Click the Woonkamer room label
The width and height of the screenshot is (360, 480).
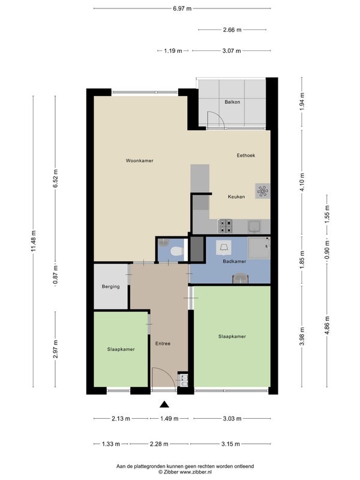pyautogui.click(x=140, y=161)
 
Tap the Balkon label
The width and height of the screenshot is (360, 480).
pyautogui.click(x=232, y=102)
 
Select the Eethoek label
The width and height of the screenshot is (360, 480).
pyautogui.click(x=246, y=155)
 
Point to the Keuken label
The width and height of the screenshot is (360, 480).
pyautogui.click(x=236, y=197)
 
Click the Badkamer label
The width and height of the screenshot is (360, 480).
pyautogui.click(x=235, y=262)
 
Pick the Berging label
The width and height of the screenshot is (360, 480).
pyautogui.click(x=111, y=287)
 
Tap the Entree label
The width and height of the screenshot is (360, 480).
pyautogui.click(x=163, y=344)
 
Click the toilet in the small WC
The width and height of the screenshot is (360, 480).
pyautogui.click(x=176, y=251)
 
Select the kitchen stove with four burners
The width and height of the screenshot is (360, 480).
pyautogui.click(x=225, y=227)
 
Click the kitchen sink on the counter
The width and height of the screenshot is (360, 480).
pyautogui.click(x=254, y=227)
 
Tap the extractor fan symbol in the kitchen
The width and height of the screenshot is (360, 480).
pyautogui.click(x=263, y=191)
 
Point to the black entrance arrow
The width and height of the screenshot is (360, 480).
pyautogui.click(x=164, y=404)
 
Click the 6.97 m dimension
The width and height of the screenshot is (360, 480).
pyautogui.click(x=182, y=8)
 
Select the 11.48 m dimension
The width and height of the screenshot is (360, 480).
pyautogui.click(x=34, y=241)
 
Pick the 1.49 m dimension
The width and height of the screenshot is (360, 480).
pyautogui.click(x=169, y=418)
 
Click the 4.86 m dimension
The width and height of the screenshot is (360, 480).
pyautogui.click(x=327, y=326)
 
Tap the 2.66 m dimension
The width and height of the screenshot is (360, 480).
pyautogui.click(x=232, y=29)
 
